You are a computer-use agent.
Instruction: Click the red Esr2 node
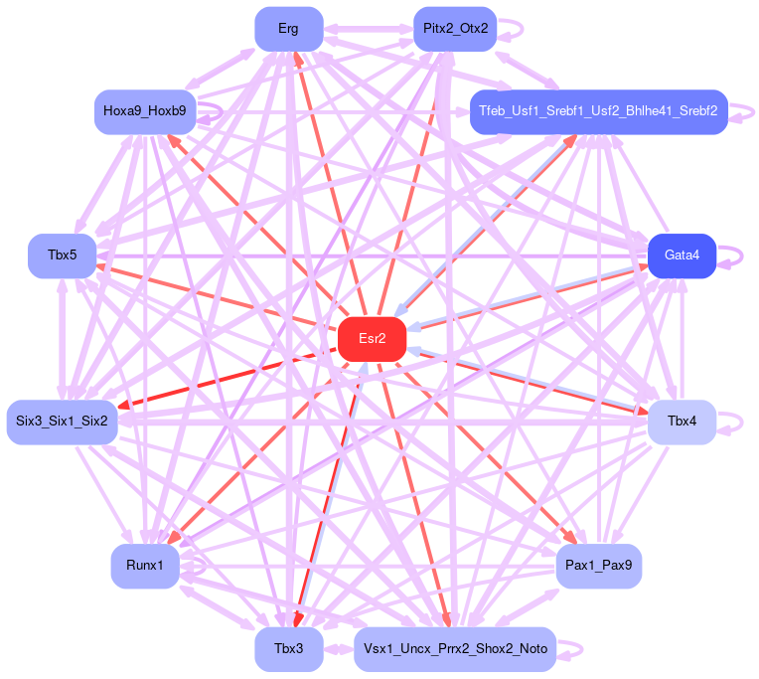coord(373,339)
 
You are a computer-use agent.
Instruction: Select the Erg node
coord(288,28)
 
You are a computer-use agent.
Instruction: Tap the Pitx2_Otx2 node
coord(455,28)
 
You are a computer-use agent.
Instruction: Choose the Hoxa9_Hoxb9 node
coord(145,110)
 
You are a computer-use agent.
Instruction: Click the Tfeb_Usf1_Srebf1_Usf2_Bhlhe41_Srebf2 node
coord(598,110)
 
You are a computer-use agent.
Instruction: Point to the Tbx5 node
coord(62,255)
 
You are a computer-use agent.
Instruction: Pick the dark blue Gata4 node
coord(682,255)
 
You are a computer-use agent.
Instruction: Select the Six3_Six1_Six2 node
coord(63,422)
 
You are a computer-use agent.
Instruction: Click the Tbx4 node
coord(682,422)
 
